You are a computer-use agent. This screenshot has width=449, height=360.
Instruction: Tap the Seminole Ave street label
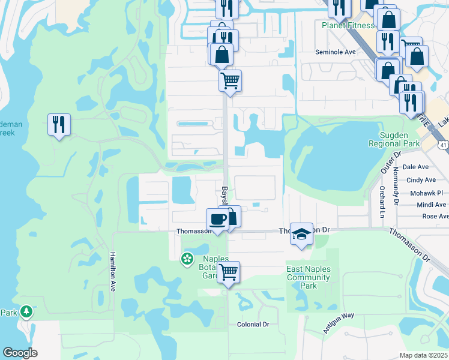pos(336,52)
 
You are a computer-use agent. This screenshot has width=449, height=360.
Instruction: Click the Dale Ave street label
pos(415,167)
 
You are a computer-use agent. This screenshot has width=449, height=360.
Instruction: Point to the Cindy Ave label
pos(421,180)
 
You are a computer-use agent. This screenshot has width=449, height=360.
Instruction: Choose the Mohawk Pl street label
pos(426,193)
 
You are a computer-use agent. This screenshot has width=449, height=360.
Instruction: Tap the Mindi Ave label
pos(431,205)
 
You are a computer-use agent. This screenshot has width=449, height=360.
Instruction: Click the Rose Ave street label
pos(435,216)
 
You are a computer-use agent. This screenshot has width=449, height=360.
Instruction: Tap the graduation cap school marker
pos(302,233)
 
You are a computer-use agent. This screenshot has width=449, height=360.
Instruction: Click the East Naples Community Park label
pos(309,277)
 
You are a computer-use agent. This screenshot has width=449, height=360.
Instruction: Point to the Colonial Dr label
pos(253,324)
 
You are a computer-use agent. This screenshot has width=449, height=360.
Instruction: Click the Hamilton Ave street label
pos(112,271)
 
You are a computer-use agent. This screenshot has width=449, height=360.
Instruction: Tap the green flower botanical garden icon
pos(187,259)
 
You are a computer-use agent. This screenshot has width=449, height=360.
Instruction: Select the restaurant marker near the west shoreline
pos(59,125)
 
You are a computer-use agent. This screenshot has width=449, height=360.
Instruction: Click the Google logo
pos(20,353)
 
